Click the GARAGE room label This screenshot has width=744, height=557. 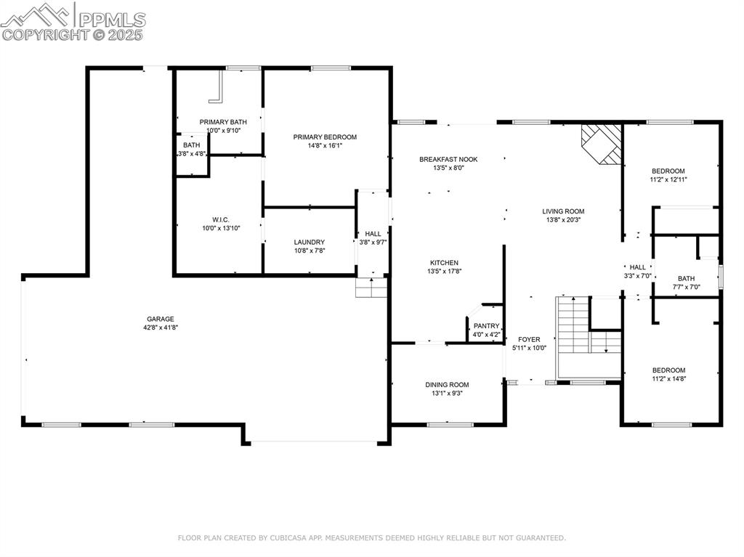tap(161, 319)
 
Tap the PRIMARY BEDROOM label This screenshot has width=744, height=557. tap(325, 137)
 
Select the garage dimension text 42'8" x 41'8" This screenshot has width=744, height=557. tap(161, 328)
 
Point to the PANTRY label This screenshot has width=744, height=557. tap(486, 326)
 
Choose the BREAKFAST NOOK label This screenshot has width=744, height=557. tap(448, 159)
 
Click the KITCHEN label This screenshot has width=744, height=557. tap(444, 263)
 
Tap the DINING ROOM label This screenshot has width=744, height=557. tap(447, 385)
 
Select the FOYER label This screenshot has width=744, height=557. tap(529, 339)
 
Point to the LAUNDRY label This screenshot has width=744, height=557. tap(309, 242)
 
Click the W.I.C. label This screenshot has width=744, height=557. tap(221, 219)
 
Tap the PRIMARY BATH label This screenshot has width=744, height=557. tap(223, 122)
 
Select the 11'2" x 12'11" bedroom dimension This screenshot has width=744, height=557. tap(668, 179)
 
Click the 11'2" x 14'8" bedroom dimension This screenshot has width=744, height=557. tap(668, 378)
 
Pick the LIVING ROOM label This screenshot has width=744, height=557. tap(563, 211)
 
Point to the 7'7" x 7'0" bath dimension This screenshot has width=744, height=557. tap(686, 287)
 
